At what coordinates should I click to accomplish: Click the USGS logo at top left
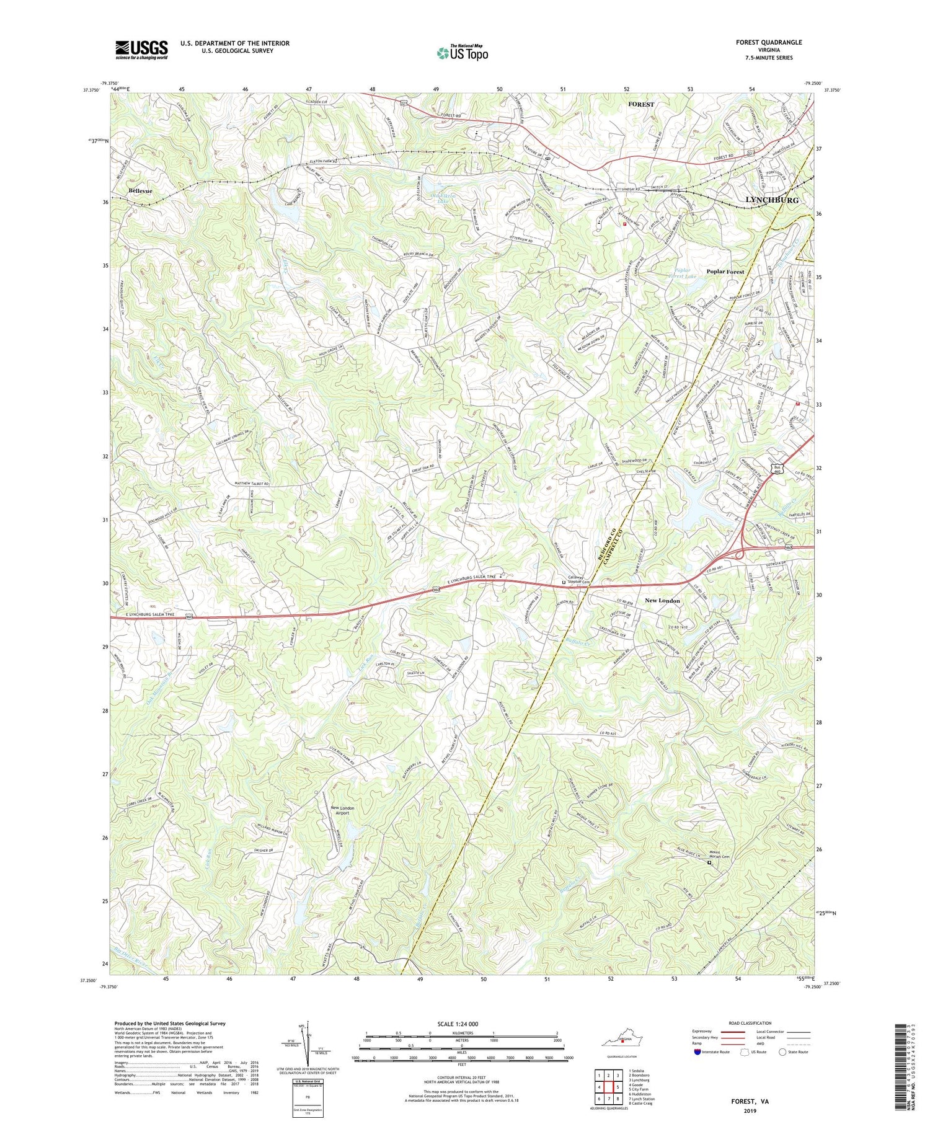click(141, 50)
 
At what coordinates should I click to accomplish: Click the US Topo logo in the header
click(462, 53)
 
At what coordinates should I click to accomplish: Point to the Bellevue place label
click(141, 191)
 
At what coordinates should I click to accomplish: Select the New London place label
click(662, 601)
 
